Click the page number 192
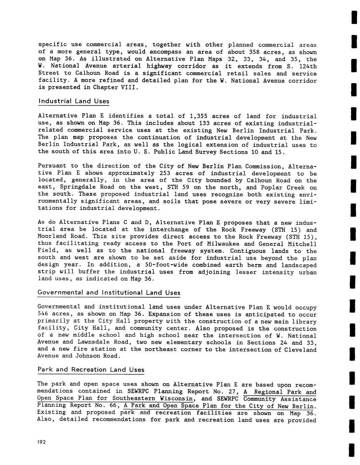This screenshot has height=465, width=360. coord(41,442)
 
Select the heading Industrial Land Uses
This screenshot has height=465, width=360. coord(73,101)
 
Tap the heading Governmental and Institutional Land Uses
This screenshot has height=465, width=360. coord(109,292)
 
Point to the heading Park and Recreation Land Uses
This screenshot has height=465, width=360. coord(91,370)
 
